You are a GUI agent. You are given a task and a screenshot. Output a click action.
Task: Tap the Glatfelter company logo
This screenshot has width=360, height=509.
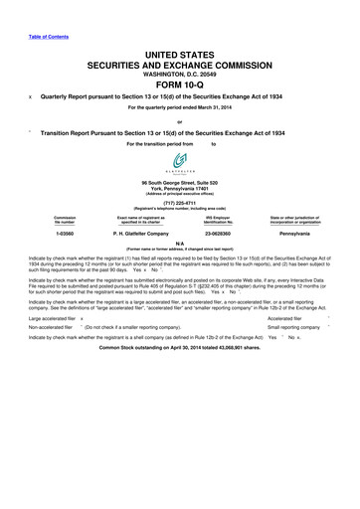[x=179, y=162]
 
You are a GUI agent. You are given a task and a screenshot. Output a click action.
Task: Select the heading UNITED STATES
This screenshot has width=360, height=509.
[x=179, y=51]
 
